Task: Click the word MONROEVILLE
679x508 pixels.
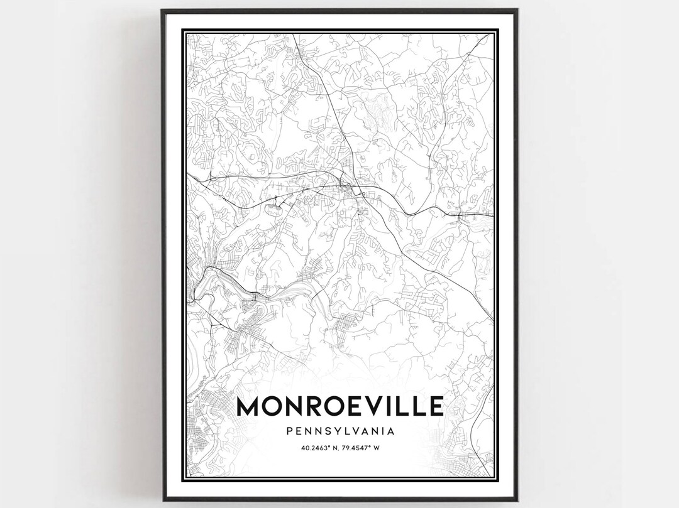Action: pyautogui.click(x=339, y=406)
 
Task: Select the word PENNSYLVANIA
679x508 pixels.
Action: pyautogui.click(x=339, y=431)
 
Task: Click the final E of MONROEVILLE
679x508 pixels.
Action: pyautogui.click(x=435, y=406)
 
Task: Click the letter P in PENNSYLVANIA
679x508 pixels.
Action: pyautogui.click(x=289, y=431)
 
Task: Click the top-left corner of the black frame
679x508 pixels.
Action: pyautogui.click(x=162, y=10)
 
